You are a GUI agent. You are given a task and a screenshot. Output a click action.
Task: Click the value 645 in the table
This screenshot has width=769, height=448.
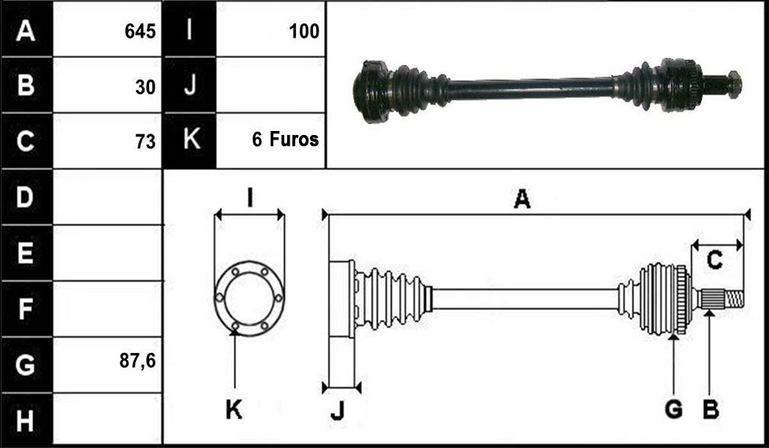(x=140, y=31)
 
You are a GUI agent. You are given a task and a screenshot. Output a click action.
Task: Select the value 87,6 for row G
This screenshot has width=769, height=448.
(x=137, y=361)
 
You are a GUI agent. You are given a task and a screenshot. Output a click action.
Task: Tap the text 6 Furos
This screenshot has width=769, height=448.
(x=286, y=140)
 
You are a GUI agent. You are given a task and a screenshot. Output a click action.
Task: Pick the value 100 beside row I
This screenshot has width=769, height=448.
(x=304, y=31)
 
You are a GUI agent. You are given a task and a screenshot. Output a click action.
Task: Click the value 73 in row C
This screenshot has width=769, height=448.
(x=145, y=142)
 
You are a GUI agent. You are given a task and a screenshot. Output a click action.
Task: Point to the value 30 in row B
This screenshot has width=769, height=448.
(x=145, y=87)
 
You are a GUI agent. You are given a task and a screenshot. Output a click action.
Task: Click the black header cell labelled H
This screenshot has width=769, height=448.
(x=27, y=421)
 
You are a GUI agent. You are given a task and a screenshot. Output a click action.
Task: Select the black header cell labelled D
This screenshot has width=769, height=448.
(x=27, y=197)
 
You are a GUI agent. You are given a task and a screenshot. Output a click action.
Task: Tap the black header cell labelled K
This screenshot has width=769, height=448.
(x=190, y=140)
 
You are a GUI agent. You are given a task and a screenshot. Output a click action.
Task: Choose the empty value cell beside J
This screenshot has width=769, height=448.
(x=270, y=85)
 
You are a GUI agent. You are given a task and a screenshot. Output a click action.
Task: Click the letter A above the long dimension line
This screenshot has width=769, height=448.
(x=522, y=199)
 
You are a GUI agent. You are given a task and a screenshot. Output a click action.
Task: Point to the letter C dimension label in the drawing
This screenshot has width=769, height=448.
(x=715, y=260)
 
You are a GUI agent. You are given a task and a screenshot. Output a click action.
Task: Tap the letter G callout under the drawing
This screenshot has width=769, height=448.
(x=674, y=409)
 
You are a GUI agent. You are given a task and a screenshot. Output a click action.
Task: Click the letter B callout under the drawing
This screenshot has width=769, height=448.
(x=711, y=409)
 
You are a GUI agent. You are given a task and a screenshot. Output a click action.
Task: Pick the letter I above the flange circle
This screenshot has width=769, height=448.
(x=250, y=198)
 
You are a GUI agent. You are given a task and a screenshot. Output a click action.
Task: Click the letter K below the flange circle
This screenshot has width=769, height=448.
(x=234, y=409)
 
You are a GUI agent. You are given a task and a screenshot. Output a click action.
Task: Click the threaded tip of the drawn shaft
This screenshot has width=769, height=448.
(x=734, y=299)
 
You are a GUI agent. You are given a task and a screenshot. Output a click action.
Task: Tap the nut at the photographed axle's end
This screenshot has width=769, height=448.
(x=734, y=84)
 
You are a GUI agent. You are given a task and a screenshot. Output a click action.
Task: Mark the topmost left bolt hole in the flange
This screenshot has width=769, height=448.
(x=235, y=271)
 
